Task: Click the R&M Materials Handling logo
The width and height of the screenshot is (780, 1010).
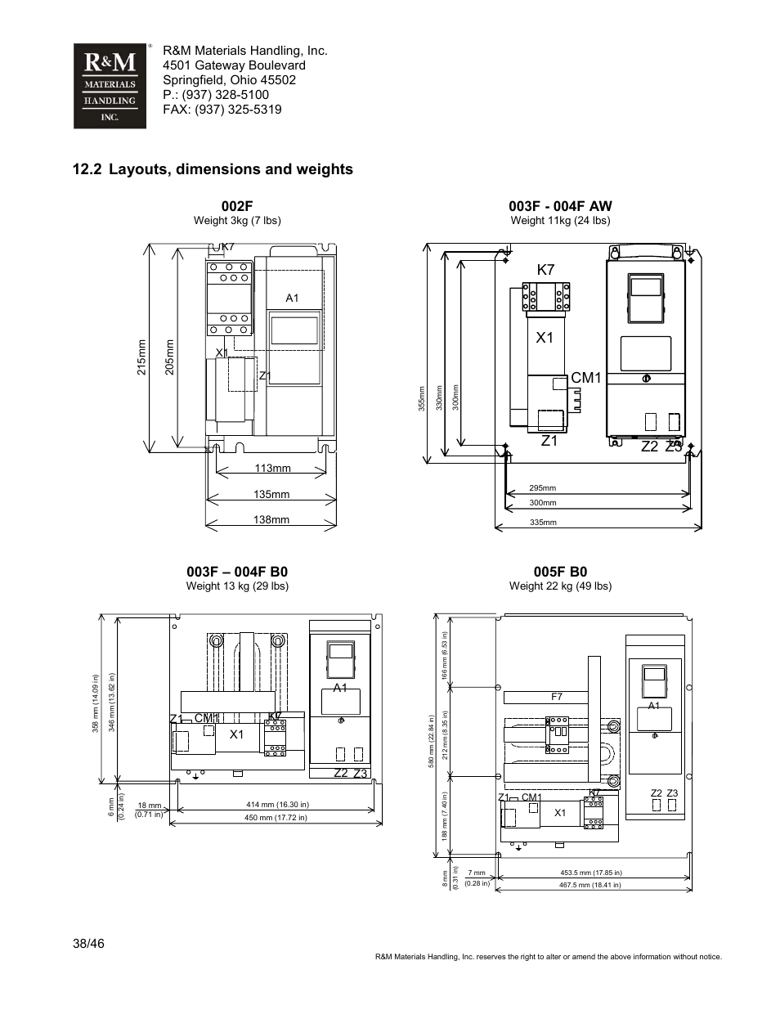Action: pos(110,86)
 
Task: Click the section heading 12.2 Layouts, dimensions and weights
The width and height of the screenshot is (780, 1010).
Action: pos(213,169)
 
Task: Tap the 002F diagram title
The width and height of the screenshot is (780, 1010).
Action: pos(237,207)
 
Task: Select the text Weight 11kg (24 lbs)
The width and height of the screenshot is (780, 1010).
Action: pos(560,221)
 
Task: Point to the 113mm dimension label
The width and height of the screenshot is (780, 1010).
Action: pos(272,469)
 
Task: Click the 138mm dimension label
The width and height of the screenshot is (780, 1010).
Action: pos(272,520)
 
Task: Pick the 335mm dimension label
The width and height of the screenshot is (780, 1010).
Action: pos(543,522)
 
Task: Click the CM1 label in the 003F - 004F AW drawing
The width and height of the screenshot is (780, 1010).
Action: pos(585,378)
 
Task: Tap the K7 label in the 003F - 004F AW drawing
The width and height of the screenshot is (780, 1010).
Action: pos(545,270)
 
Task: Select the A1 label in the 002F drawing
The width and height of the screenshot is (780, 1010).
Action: pos(292,299)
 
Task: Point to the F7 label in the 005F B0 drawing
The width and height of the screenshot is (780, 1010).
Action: pos(557,698)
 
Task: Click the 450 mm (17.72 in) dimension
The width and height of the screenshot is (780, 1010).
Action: pos(276,818)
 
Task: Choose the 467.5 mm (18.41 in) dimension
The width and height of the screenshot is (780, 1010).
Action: pos(589,885)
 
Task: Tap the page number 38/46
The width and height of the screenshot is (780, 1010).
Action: pos(88,944)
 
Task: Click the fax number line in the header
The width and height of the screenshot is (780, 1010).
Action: pos(222,110)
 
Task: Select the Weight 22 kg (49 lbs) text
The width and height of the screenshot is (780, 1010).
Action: pos(560,586)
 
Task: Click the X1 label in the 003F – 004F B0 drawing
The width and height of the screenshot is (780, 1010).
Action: pos(237,734)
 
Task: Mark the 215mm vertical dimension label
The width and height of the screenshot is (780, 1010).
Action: pos(141,358)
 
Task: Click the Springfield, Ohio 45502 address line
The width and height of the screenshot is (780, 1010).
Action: pos(229,80)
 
